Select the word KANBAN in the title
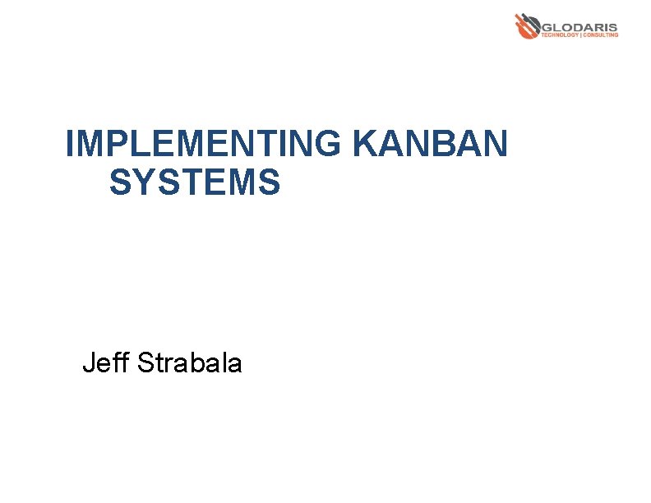[x=430, y=145]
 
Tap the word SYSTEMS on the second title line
[x=195, y=182]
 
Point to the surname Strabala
[x=190, y=362]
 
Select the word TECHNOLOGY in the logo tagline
[x=559, y=35]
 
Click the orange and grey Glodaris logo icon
[x=527, y=25]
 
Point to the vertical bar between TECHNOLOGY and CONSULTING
[x=580, y=35]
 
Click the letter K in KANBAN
[x=364, y=145]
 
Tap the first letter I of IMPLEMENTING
[x=70, y=145]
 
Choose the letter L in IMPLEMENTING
[x=131, y=145]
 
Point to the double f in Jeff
[x=122, y=362]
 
